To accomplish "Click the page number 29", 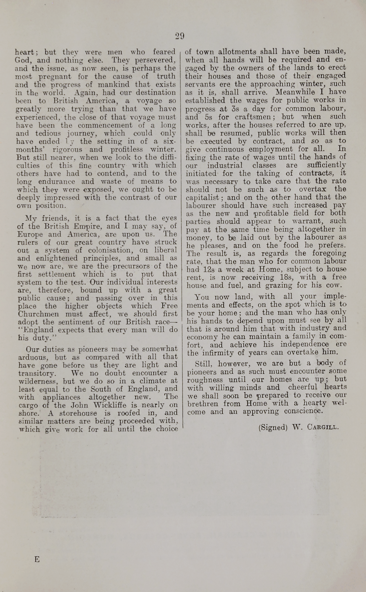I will click(180, 36).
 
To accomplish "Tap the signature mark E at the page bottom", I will click(37, 559).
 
